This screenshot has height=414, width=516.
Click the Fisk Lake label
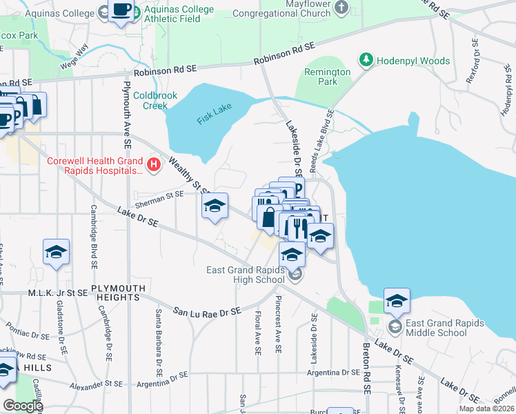(215, 114)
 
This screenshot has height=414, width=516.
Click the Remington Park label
(328, 77)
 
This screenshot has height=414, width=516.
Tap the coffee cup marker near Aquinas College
(122, 11)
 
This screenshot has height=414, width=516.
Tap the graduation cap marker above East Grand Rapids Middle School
(397, 301)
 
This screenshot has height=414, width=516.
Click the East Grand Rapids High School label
(246, 275)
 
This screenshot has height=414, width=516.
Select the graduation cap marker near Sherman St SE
(215, 206)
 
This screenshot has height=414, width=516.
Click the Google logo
(23, 406)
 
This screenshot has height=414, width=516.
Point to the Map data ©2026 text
(487, 408)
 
